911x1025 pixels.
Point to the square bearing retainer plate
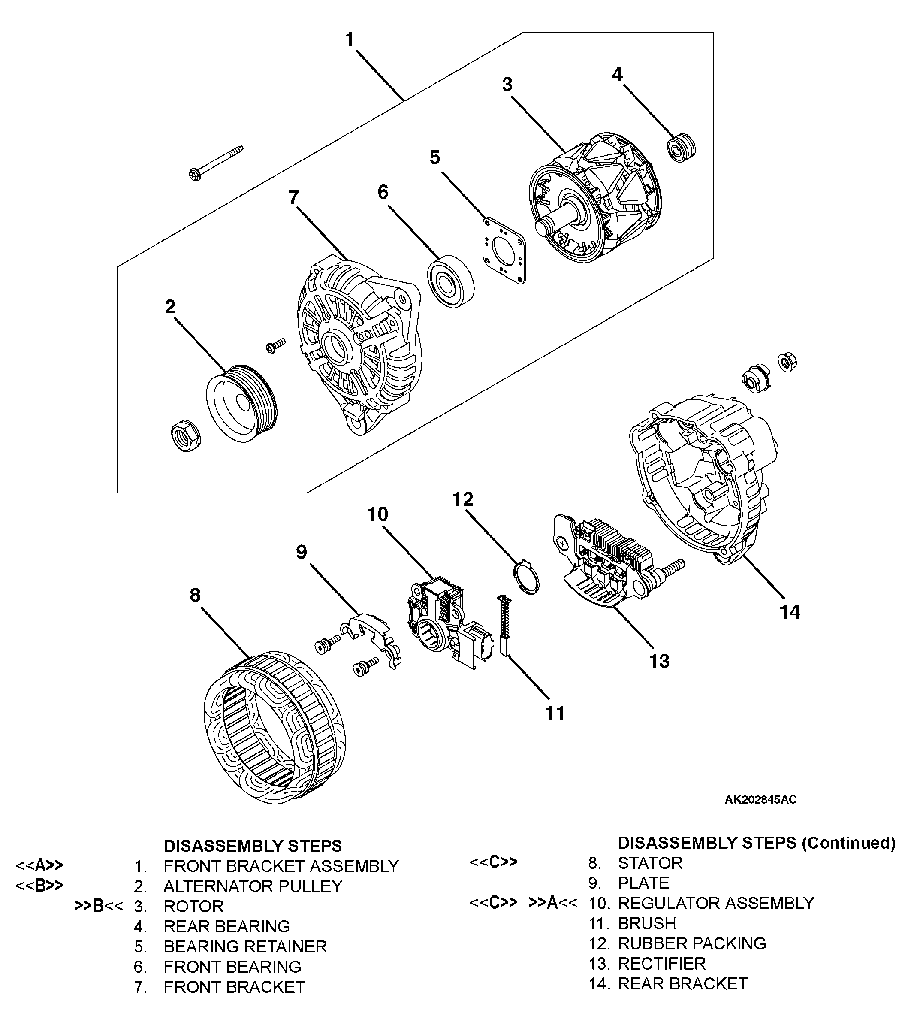pos(504,250)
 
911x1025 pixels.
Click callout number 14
pos(790,612)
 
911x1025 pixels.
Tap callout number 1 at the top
pos(350,39)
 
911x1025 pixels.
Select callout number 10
pos(377,514)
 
